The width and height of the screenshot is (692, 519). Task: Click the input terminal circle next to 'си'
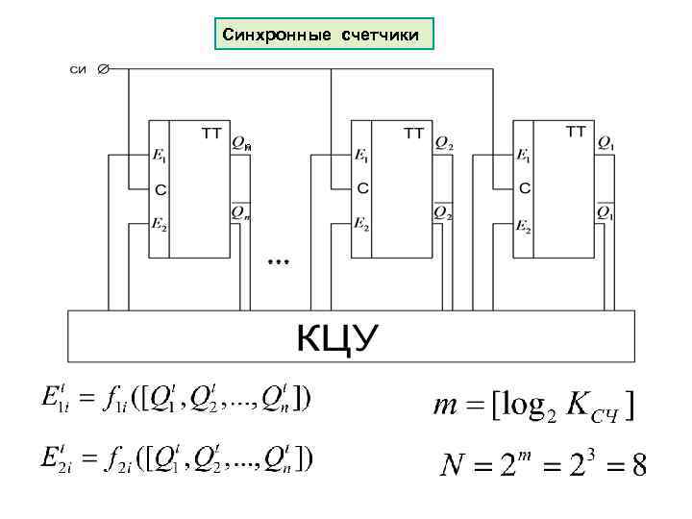pos(104,68)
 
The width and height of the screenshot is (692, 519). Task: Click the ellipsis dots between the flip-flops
pos(279,260)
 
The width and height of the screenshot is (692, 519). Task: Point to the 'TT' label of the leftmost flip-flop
pos(211,133)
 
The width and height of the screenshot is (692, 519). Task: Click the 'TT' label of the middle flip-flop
pos(415,133)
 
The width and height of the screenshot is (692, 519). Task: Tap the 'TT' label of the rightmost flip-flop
pos(576,132)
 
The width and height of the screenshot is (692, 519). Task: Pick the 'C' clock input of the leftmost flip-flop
pos(159,189)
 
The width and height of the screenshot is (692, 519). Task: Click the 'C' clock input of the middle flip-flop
pos(362,189)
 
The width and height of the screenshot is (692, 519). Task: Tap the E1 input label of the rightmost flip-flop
pos(524,155)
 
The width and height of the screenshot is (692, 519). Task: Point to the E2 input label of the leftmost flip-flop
pos(159,225)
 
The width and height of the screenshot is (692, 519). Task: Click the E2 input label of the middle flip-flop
pos(361,225)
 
